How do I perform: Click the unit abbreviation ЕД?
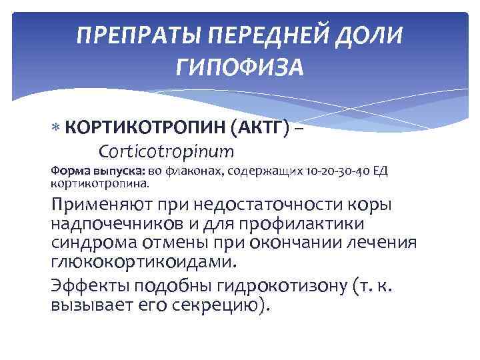pyautogui.click(x=379, y=171)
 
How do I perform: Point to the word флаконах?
pyautogui.click(x=198, y=171)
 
